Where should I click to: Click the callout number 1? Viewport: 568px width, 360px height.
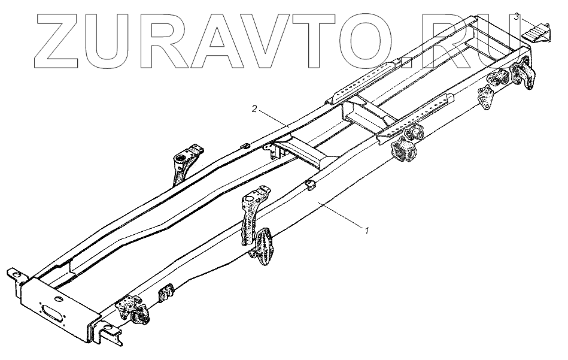[x=366, y=228]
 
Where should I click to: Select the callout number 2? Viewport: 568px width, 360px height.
[x=254, y=109]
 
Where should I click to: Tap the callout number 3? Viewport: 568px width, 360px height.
[x=516, y=18]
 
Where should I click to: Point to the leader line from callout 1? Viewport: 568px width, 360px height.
[x=341, y=216]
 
